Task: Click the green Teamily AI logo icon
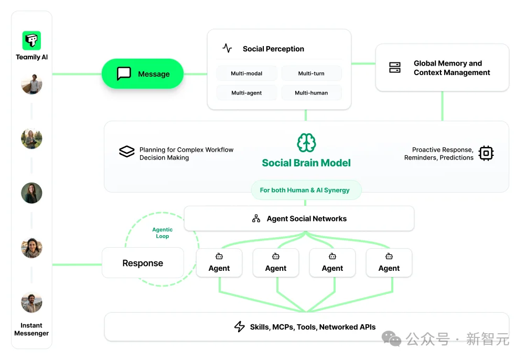click(31, 40)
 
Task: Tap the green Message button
click(143, 74)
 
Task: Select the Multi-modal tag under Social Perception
click(246, 73)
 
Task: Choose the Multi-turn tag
click(312, 73)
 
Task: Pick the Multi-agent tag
click(246, 93)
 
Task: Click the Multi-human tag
click(312, 93)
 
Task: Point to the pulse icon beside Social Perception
click(227, 48)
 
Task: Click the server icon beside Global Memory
click(395, 68)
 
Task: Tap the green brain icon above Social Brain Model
click(306, 142)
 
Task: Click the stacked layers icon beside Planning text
click(126, 152)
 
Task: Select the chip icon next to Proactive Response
click(486, 153)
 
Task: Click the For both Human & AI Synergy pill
click(305, 190)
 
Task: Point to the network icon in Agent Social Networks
click(256, 219)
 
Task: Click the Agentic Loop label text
click(162, 233)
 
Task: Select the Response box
click(143, 263)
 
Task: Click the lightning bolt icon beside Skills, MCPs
click(240, 327)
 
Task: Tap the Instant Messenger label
click(31, 329)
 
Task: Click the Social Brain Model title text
click(306, 163)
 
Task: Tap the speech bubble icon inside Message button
click(124, 73)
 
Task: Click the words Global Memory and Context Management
click(452, 68)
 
